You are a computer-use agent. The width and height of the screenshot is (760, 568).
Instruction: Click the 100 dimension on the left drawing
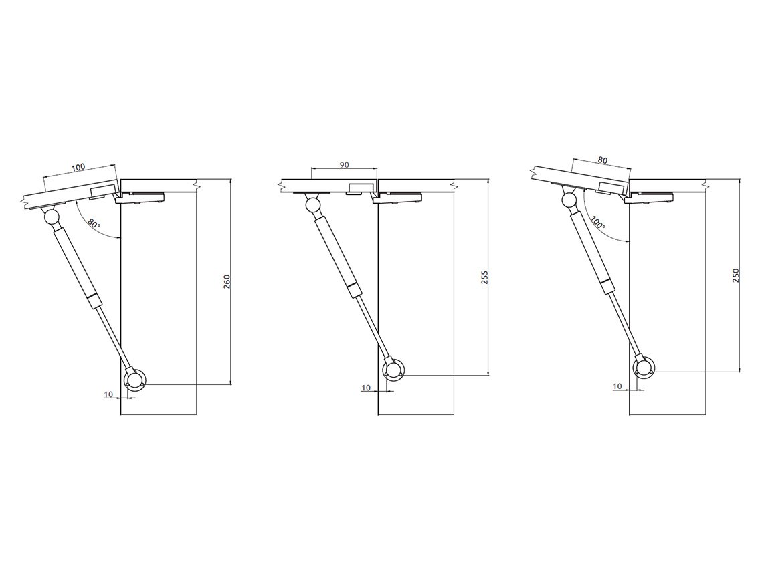78,167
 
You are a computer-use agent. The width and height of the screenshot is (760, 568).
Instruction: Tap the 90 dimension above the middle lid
344,165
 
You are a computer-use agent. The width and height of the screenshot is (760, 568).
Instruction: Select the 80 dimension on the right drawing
603,159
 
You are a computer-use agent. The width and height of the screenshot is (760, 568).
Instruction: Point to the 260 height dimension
226,282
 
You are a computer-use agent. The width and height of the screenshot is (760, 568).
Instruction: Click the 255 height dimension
484,277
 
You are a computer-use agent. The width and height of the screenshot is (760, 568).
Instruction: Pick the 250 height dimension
736,275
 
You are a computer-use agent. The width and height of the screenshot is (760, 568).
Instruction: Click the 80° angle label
94,225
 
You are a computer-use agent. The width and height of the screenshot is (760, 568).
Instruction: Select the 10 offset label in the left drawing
108,394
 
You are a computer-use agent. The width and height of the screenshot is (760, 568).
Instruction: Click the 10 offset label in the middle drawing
366,388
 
